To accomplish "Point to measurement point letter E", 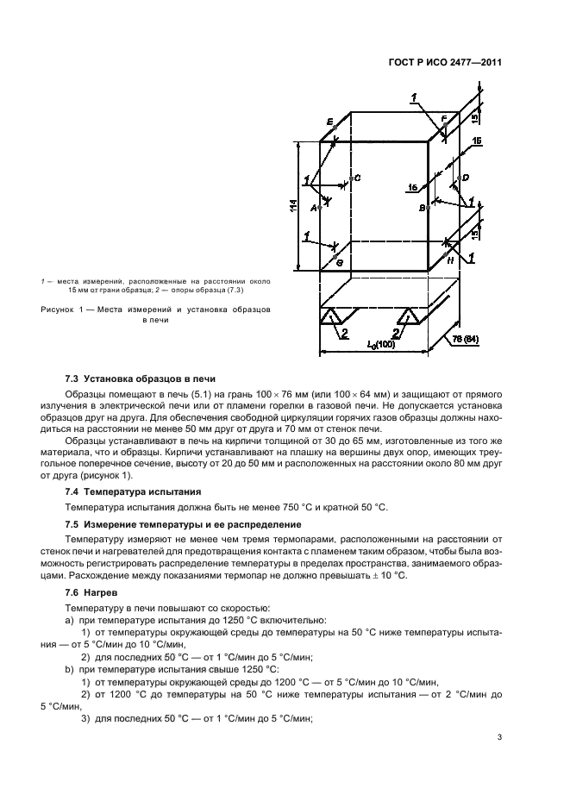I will (x=330, y=123).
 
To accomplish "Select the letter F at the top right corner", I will (x=444, y=118).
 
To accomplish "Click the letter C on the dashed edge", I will (x=358, y=178).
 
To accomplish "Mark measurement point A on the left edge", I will (x=314, y=208).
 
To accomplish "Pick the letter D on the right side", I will (x=465, y=178).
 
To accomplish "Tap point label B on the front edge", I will (x=422, y=208).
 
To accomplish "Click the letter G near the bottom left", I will (x=339, y=261).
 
